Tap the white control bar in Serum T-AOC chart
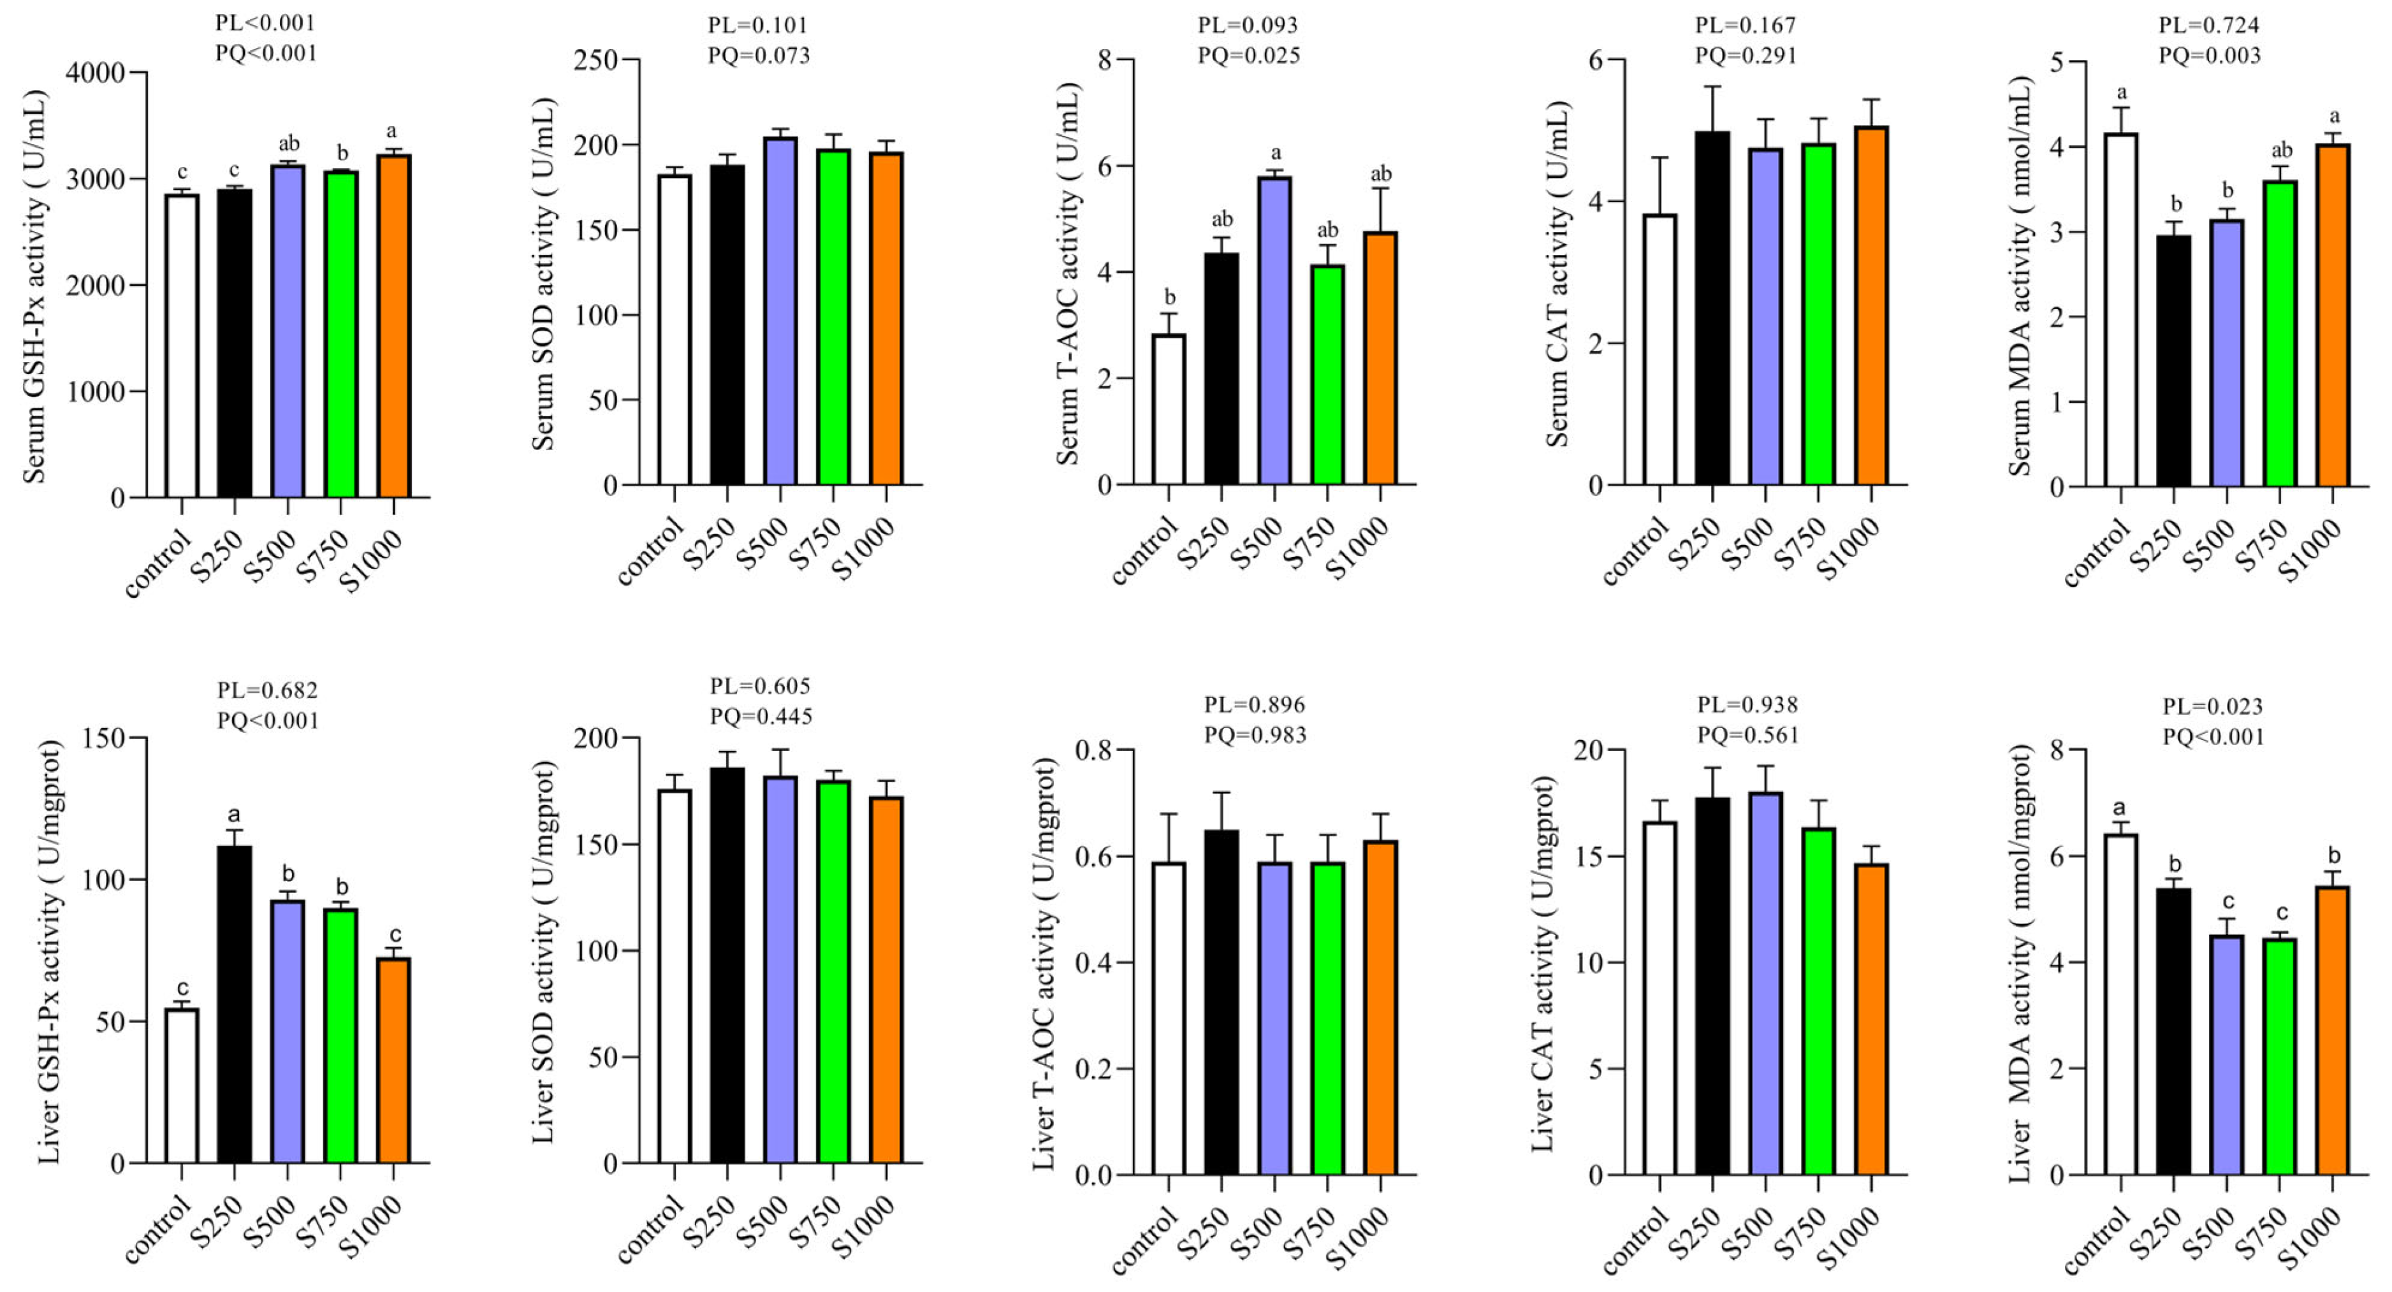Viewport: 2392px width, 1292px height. pos(1169,409)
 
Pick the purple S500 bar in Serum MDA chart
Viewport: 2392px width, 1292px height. pos(2228,352)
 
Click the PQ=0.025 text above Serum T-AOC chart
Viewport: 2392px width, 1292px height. pos(1249,55)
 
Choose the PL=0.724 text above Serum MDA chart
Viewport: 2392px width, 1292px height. pos(2209,25)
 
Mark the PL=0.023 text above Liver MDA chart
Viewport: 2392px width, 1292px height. pos(2213,706)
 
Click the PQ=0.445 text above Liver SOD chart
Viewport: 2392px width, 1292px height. pos(761,716)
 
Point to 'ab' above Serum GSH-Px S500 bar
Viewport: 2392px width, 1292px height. pos(289,144)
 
